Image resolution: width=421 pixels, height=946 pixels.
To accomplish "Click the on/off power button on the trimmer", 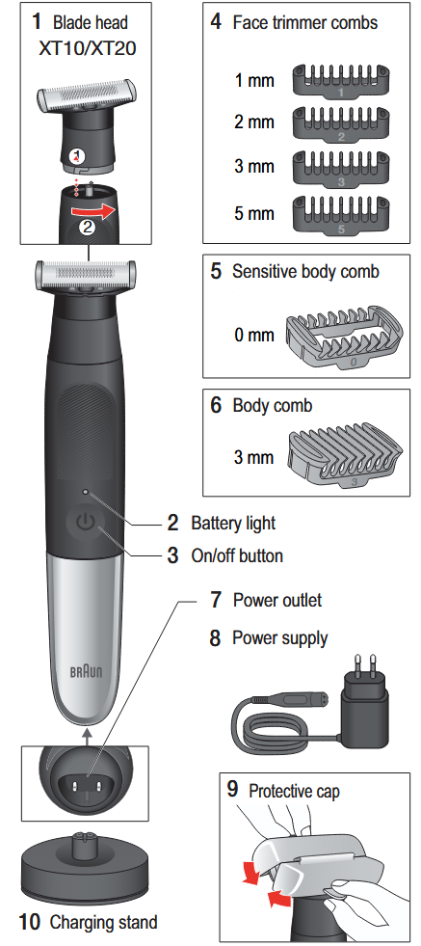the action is click(x=86, y=523).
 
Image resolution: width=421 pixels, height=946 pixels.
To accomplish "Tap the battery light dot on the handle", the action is click(x=86, y=492).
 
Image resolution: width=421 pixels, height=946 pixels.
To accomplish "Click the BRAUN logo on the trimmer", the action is click(x=87, y=671).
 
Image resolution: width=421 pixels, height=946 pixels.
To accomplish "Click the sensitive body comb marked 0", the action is click(x=343, y=337).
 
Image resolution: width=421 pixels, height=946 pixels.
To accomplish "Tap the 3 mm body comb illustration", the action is click(x=342, y=457).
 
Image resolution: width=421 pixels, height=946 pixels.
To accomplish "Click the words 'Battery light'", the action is click(x=233, y=523).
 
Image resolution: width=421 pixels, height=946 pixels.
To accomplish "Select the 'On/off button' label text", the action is click(x=237, y=555).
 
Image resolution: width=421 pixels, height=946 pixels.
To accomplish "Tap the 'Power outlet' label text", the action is click(x=277, y=600).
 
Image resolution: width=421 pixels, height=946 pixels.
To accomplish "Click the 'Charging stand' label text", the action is click(x=103, y=922).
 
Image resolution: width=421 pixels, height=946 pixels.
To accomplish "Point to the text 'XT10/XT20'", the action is click(x=88, y=47).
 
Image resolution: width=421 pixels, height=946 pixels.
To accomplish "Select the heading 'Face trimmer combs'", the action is click(x=305, y=23).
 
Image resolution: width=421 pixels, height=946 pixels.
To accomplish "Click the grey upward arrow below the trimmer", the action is click(x=87, y=735).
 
